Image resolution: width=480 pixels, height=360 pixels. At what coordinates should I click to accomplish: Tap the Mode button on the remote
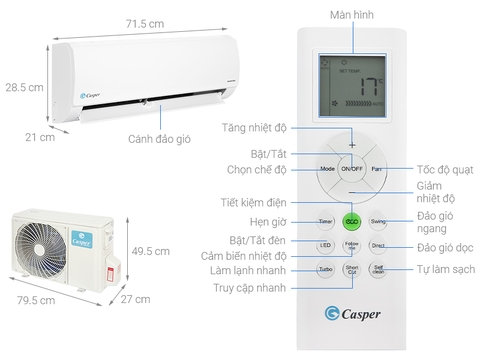coord(326,169)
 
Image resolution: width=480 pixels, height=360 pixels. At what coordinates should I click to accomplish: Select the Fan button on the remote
coord(378,169)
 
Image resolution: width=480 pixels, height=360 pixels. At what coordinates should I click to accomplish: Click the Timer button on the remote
coord(326,220)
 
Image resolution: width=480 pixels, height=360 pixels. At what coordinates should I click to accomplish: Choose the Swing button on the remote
coord(378,220)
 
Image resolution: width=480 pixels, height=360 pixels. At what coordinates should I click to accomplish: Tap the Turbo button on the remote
coord(326,271)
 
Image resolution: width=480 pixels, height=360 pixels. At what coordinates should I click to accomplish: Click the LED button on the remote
coord(326,246)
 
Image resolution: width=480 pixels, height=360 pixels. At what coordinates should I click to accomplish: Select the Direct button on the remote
coord(378,246)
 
